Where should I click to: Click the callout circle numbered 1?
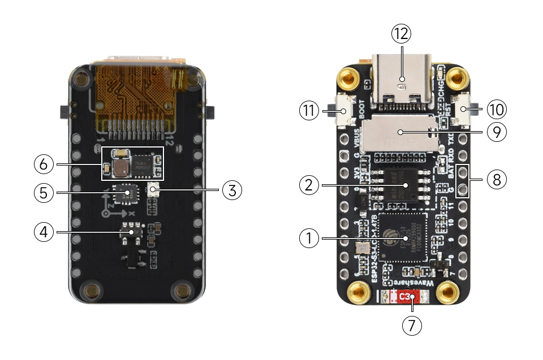309,239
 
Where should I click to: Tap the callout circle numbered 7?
412,325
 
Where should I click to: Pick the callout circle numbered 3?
232,190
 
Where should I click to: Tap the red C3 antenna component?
405,296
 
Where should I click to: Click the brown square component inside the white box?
120,167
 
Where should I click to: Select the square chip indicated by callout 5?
125,193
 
